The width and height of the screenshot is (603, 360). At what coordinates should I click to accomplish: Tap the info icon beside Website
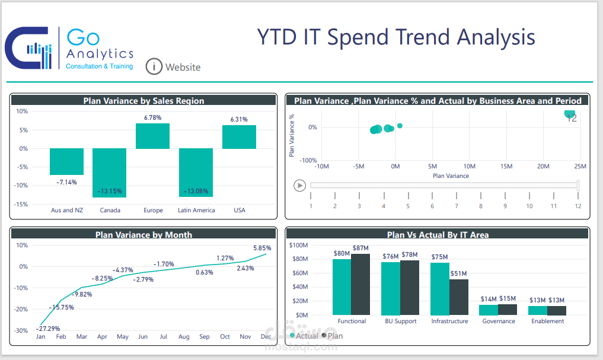coord(154,66)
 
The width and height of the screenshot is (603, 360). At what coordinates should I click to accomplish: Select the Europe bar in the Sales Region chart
coord(153,136)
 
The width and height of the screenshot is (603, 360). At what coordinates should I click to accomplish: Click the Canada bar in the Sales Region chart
coord(109,173)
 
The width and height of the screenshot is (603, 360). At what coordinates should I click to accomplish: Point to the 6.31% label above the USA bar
coord(239,119)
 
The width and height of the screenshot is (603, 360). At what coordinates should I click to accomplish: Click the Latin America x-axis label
coord(196,210)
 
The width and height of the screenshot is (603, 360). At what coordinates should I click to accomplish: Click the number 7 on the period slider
coord(457,206)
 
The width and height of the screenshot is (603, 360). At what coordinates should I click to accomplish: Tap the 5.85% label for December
coord(261,248)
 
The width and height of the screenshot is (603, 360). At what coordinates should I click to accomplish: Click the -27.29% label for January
coord(48,328)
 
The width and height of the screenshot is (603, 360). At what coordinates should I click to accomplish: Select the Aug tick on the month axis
coord(184,337)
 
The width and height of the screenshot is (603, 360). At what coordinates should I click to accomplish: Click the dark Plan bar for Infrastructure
coord(459,297)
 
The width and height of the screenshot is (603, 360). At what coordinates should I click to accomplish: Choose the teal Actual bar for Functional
coord(342,286)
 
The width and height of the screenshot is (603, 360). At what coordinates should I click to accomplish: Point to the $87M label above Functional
coord(360,248)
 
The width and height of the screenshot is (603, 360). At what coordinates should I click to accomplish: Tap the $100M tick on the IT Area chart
coord(298,245)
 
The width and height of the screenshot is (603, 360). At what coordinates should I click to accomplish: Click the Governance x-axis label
coord(498,321)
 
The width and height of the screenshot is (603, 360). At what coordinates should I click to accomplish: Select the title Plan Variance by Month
coord(143,235)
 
